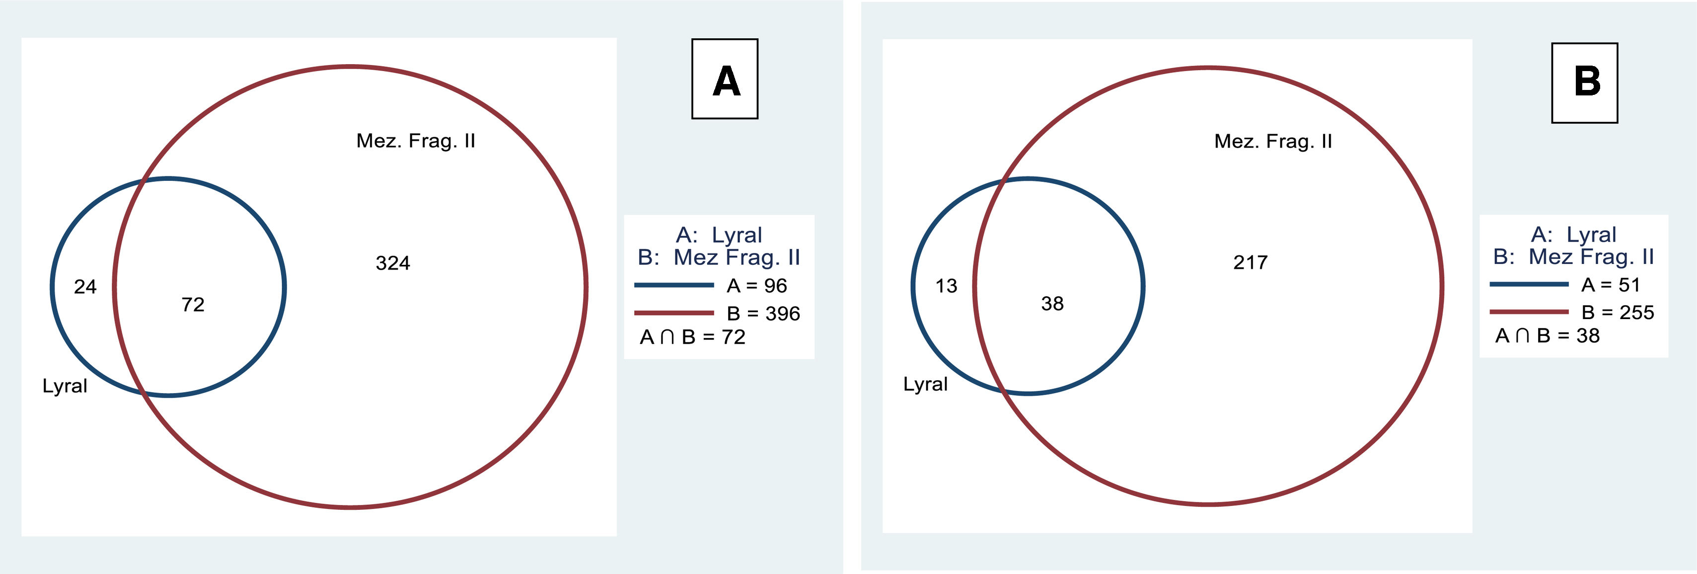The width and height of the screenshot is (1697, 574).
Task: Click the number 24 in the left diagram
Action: pos(85,287)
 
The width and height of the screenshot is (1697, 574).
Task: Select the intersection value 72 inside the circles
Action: pos(193,305)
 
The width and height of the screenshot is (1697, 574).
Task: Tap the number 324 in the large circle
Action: pos(393,263)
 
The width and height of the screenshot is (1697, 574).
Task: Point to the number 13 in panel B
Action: pos(946,286)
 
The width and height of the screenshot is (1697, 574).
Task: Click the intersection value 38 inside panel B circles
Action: pos(1052,303)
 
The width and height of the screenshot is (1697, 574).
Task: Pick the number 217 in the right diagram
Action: pos(1250,262)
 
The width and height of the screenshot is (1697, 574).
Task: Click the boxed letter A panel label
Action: pos(725,79)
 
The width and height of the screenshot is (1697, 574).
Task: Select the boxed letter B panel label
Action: pos(1584,82)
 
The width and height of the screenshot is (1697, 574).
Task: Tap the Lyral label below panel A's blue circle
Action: pos(65,386)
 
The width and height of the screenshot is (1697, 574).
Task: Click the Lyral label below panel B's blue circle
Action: pos(925,384)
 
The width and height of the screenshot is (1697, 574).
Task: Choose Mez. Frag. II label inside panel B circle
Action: pos(1273,141)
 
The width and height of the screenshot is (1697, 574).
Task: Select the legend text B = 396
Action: pos(763,313)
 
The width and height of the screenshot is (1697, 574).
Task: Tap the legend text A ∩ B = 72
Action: pos(692,337)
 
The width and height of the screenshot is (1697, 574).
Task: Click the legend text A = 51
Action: pos(1611,285)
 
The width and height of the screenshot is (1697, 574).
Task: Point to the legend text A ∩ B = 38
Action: pos(1547,335)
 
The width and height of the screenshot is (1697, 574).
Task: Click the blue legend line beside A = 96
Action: pos(673,285)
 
